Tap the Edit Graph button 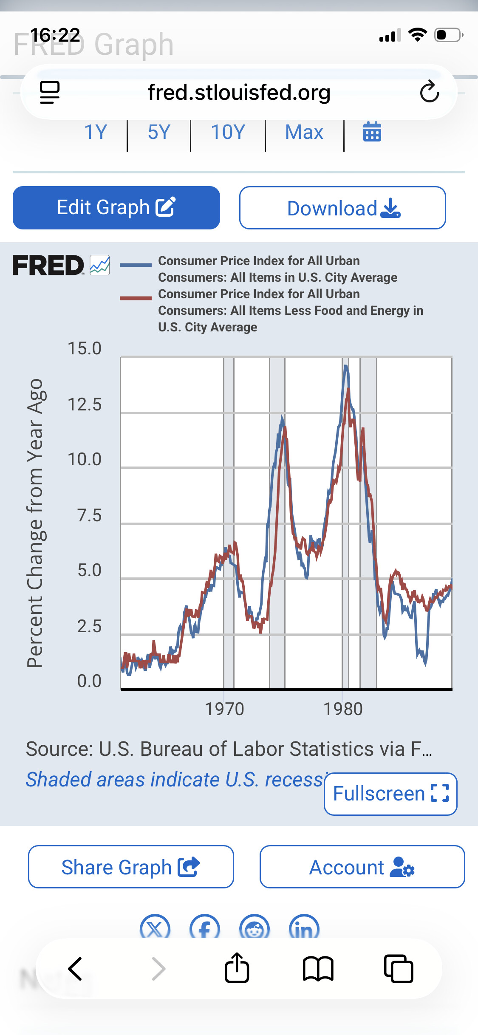click(x=116, y=208)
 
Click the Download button click(x=342, y=208)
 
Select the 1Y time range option click(x=96, y=132)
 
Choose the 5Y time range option click(x=159, y=132)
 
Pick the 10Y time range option click(x=228, y=132)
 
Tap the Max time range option click(x=304, y=132)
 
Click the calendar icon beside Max click(x=372, y=132)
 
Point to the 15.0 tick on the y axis click(x=85, y=348)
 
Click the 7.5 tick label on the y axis click(x=89, y=515)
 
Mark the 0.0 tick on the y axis click(x=89, y=681)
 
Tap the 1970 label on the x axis click(x=224, y=709)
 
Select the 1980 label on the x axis click(x=343, y=709)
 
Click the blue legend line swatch click(x=136, y=265)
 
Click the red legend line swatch click(x=136, y=298)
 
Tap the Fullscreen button click(x=390, y=794)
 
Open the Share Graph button click(x=131, y=867)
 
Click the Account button click(x=362, y=867)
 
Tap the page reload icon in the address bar click(x=429, y=92)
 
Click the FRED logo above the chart click(x=48, y=265)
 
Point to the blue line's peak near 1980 click(x=346, y=366)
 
